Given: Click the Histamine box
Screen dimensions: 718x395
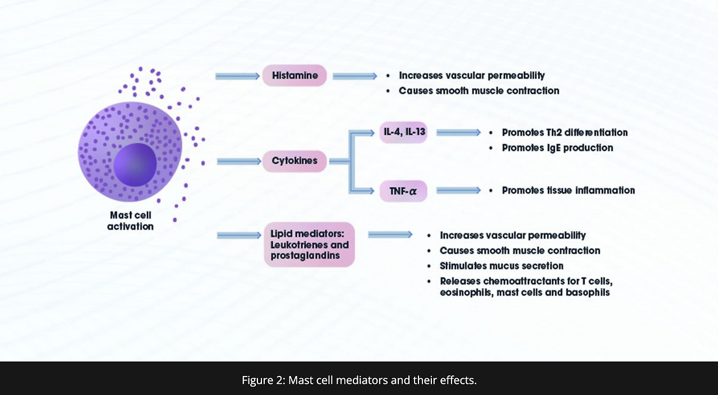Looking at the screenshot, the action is tap(294, 75).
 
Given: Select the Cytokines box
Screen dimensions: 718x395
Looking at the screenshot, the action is tap(294, 161).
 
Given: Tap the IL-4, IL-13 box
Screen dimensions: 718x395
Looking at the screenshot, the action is tap(403, 132).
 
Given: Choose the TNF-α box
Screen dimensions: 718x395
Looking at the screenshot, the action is tap(403, 191).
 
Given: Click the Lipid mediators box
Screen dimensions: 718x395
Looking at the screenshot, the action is tap(309, 245).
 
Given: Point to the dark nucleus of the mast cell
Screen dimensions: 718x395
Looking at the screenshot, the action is tap(135, 164).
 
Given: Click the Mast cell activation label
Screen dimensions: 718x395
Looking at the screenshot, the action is tap(131, 221).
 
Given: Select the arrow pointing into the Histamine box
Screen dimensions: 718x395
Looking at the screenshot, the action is tap(237, 76).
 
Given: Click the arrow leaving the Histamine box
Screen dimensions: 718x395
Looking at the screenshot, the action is tap(355, 76).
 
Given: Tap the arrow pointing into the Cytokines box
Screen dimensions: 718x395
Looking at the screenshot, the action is tap(239, 161).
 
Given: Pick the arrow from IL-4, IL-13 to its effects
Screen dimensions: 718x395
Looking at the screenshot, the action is tap(459, 132).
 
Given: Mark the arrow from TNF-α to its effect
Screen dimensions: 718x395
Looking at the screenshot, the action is tap(459, 190).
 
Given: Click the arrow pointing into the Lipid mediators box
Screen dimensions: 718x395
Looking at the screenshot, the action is tap(239, 236).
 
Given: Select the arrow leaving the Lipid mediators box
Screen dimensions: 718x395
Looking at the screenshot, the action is tap(390, 235).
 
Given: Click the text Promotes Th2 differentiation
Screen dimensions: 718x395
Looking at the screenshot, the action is tap(565, 132).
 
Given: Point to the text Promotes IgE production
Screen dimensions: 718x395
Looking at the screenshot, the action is tap(558, 148).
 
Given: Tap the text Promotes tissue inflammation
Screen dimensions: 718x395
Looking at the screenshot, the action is tap(568, 190).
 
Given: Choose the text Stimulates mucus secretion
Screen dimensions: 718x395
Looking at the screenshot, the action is tap(501, 266).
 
